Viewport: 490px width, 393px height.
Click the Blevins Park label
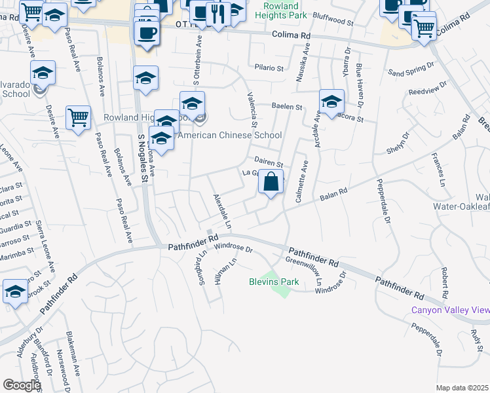pos(274,282)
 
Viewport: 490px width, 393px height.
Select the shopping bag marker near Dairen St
pos(271,181)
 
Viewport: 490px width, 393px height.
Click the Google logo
pos(22,385)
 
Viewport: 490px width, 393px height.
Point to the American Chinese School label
pos(230,136)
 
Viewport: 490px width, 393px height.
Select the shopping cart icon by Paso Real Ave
pos(78,118)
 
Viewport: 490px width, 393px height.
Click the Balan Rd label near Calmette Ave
pos(333,195)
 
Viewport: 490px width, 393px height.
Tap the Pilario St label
pos(269,67)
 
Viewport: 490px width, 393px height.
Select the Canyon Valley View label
pos(450,310)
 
